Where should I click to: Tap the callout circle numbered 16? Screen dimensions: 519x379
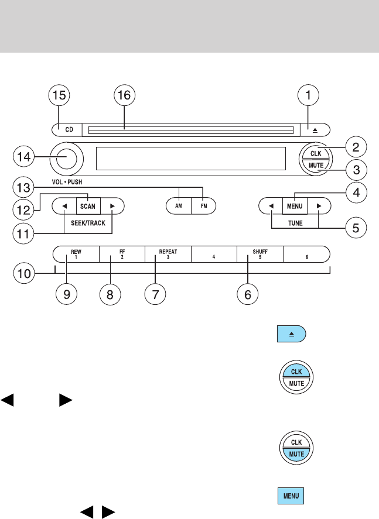tap(125, 96)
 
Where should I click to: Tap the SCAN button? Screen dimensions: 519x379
tap(88, 207)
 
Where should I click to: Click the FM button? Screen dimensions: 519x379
tap(204, 207)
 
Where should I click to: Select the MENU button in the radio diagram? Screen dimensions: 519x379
tap(294, 207)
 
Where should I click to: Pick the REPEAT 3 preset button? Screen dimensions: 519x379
tap(168, 254)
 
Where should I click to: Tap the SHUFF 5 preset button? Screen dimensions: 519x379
tap(260, 254)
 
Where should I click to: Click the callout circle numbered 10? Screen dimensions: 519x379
tap(24, 273)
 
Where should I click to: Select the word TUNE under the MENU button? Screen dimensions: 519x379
tap(295, 224)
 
